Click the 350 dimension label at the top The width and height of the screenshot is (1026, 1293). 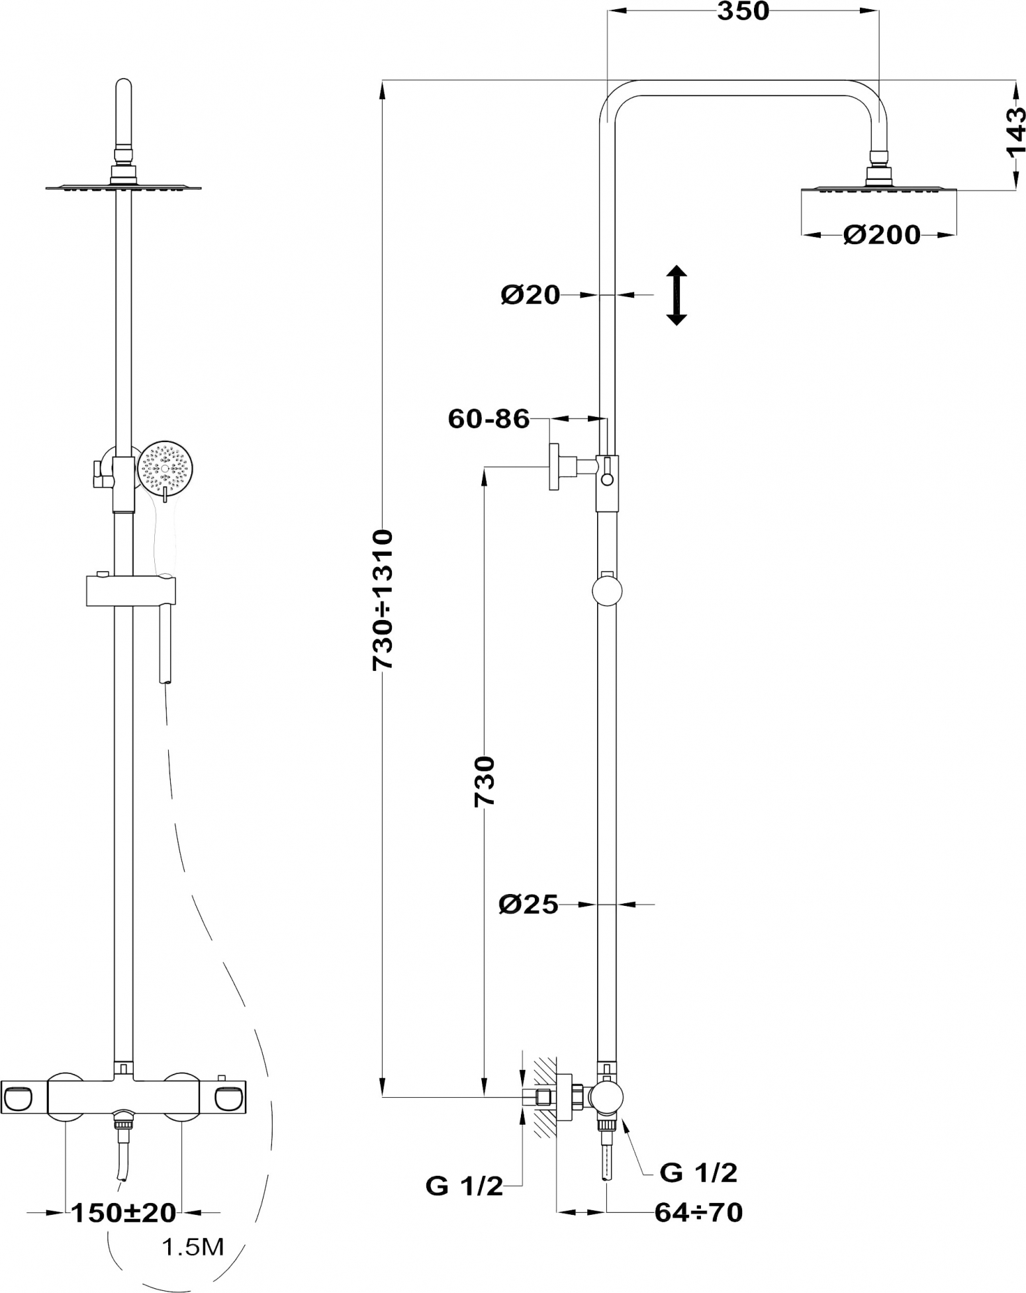(x=743, y=11)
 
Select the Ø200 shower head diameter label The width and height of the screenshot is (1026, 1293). (x=881, y=235)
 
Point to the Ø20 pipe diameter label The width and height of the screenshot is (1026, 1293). (x=530, y=294)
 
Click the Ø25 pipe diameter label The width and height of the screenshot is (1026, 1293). (x=529, y=904)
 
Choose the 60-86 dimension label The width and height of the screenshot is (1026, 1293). (x=489, y=419)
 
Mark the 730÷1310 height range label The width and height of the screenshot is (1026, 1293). (x=383, y=600)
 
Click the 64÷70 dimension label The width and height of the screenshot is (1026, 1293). (x=698, y=1213)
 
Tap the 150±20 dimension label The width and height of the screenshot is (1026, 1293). (x=124, y=1213)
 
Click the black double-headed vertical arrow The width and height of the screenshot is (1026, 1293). (x=676, y=295)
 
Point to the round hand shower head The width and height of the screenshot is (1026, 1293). (x=165, y=467)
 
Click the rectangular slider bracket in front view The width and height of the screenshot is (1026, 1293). (x=132, y=590)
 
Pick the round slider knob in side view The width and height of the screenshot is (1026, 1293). (x=607, y=591)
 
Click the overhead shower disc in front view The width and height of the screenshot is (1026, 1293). (x=123, y=187)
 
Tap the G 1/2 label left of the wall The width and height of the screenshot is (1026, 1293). (x=464, y=1186)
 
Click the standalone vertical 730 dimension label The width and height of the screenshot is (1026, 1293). (x=485, y=781)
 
